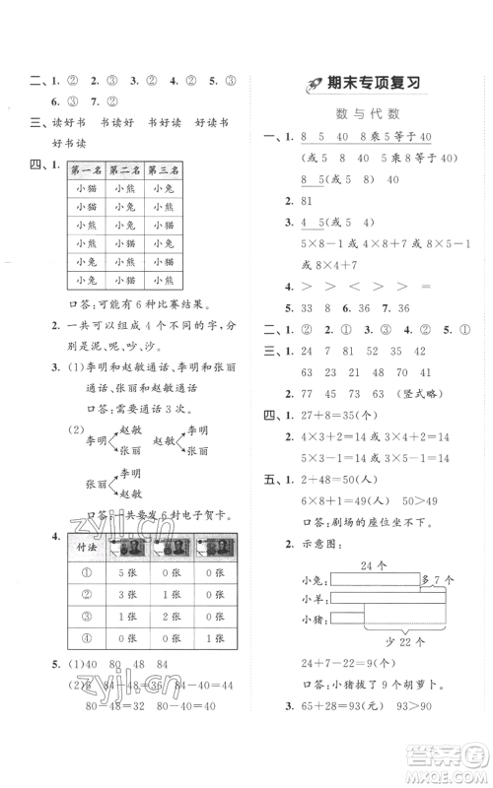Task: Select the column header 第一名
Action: pos(88,170)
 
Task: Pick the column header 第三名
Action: pos(164,170)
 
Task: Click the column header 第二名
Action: pos(126,170)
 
